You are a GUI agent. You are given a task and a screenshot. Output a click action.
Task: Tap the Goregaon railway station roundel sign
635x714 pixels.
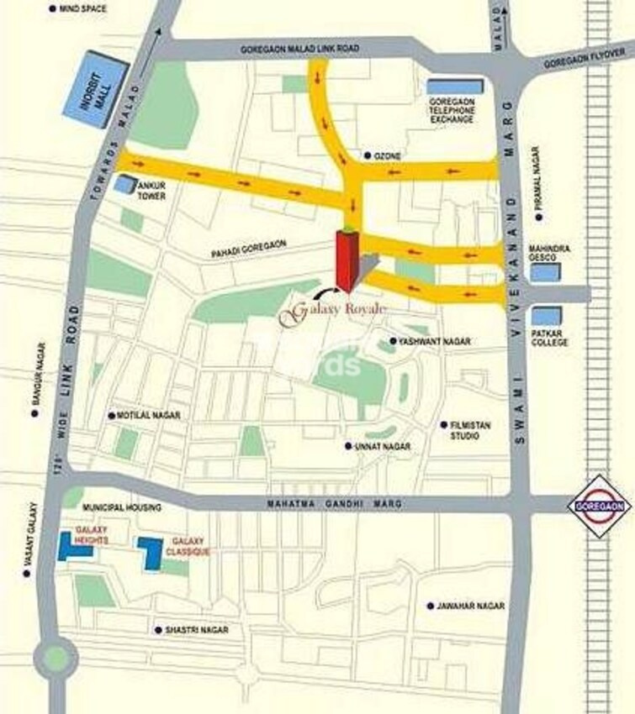click(599, 506)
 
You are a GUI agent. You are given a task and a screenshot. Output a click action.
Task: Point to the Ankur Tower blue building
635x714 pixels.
click(124, 184)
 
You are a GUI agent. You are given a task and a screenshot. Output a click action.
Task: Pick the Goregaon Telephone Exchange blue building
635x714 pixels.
click(454, 86)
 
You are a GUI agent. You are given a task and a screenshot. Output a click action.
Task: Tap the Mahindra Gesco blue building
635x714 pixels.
click(545, 271)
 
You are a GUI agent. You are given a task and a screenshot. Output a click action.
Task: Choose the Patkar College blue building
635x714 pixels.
click(547, 317)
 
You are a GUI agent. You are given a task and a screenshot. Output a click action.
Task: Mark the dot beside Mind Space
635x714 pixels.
click(53, 8)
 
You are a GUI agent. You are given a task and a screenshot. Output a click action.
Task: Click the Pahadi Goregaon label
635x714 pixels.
click(250, 244)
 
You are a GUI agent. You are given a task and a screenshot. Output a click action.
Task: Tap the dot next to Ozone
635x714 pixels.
click(368, 156)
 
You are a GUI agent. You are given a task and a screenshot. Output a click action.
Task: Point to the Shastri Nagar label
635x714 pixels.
click(197, 630)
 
